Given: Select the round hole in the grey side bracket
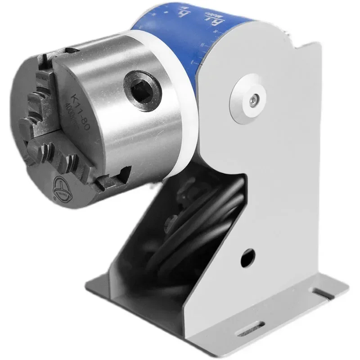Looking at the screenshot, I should click(x=247, y=258).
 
